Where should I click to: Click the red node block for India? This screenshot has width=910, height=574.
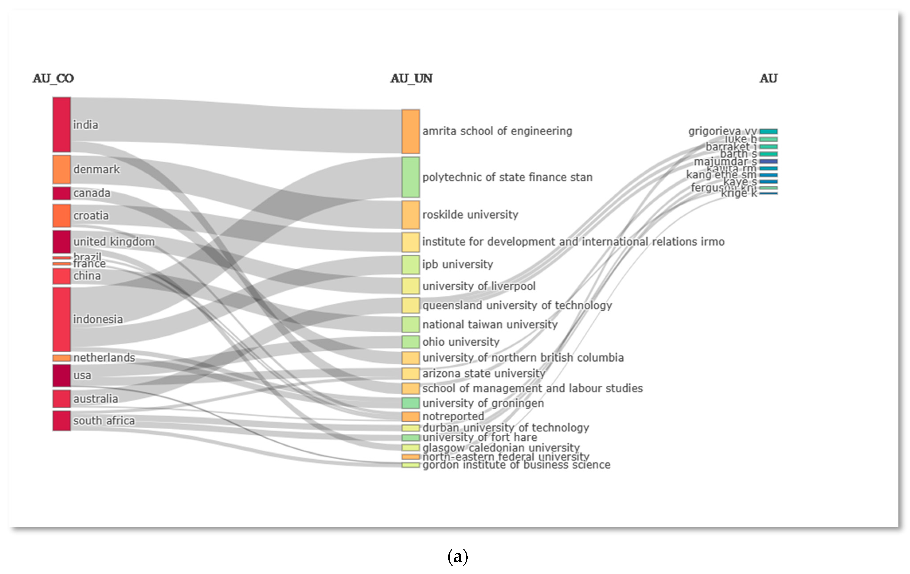click(x=62, y=125)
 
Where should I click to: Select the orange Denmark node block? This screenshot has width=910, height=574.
click(x=62, y=169)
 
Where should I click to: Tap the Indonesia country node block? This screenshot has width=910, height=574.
click(x=62, y=319)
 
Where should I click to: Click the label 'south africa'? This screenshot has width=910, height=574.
click(x=104, y=421)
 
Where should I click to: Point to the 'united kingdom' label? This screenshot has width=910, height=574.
click(x=114, y=242)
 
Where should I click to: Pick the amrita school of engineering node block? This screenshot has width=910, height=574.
click(x=410, y=131)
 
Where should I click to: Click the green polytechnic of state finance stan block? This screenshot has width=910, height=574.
click(x=410, y=177)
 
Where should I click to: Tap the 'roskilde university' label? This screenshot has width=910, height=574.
click(x=470, y=215)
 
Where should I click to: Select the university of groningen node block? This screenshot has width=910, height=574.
click(x=410, y=403)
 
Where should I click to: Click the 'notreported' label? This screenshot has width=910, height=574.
click(x=453, y=416)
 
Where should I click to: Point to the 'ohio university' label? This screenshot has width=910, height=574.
click(x=461, y=342)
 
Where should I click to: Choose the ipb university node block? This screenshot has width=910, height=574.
click(x=410, y=265)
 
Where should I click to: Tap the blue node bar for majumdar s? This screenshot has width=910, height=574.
click(x=768, y=161)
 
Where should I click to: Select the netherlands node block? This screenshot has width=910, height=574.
click(x=62, y=357)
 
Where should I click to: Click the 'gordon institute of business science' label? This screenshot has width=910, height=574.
click(x=516, y=465)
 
